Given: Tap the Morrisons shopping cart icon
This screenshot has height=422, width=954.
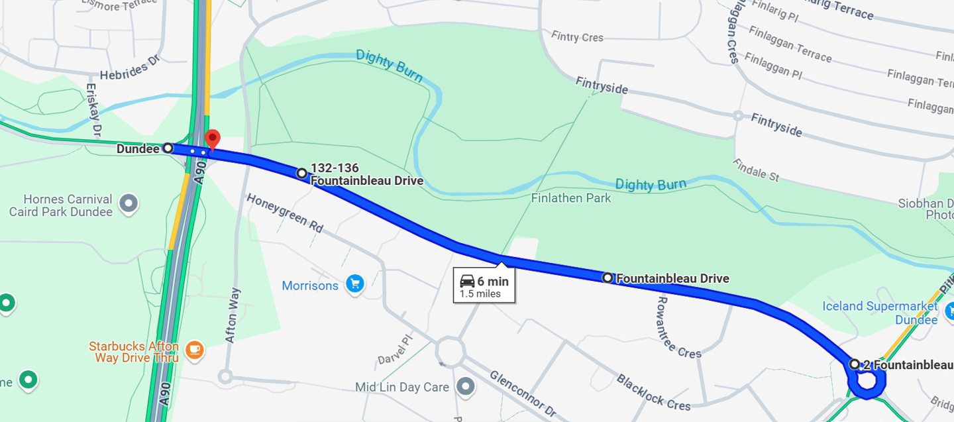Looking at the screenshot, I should coord(355,285).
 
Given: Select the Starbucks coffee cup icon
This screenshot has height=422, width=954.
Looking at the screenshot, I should coord(194,350).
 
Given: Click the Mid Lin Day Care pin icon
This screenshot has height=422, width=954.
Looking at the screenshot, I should coord(467,386).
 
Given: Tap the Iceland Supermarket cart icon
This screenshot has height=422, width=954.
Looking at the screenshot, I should coord(948,306).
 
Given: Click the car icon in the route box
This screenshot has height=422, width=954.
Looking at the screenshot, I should coord(467,282).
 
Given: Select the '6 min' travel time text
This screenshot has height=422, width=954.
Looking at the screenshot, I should coord(493,282).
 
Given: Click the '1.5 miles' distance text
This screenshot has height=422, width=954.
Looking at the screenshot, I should coord(480,294).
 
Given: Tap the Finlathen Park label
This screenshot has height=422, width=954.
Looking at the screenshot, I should coord(570,198).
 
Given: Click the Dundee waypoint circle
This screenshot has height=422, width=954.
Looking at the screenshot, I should coord(168,148).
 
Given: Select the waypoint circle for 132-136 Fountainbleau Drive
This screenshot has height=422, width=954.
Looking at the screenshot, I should coord(302,174).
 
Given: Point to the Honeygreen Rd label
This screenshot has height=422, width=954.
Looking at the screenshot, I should coord(284,213).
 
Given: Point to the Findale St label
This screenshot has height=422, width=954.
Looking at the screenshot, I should coord(756,170).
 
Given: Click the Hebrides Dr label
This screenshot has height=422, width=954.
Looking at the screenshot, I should coord(131,68).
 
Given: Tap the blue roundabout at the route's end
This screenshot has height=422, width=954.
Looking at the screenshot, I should coord(866,383).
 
